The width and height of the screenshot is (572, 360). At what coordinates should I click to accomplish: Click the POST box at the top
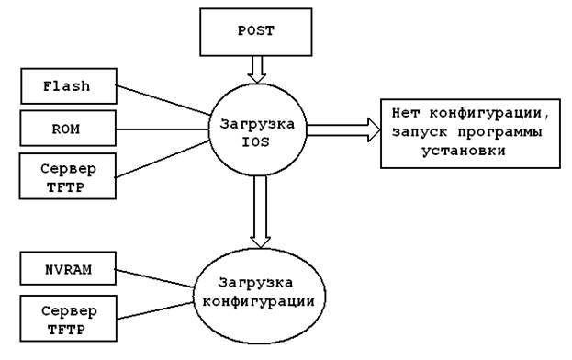pyautogui.click(x=256, y=32)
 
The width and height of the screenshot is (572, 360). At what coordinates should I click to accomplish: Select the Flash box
pyautogui.click(x=69, y=86)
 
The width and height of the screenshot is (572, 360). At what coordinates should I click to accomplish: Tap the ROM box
pyautogui.click(x=68, y=129)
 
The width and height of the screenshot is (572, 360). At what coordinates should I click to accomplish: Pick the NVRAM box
pyautogui.click(x=68, y=268)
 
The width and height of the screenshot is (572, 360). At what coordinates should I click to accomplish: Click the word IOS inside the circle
pyautogui.click(x=256, y=141)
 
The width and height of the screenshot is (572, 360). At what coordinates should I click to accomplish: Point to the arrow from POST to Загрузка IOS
pyautogui.click(x=256, y=70)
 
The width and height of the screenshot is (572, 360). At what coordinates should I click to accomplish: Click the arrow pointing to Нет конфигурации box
pyautogui.click(x=343, y=129)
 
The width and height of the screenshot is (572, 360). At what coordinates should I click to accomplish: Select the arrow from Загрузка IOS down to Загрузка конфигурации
pyautogui.click(x=260, y=212)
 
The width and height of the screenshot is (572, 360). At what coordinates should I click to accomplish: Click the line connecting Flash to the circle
pyautogui.click(x=163, y=99)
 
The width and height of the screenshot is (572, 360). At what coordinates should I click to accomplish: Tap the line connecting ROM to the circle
pyautogui.click(x=162, y=129)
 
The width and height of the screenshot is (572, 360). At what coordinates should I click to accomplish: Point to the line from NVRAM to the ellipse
pyautogui.click(x=154, y=278)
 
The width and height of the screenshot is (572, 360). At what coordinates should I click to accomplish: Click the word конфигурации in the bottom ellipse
pyautogui.click(x=258, y=301)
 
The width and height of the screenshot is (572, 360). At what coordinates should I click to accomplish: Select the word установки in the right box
pyautogui.click(x=464, y=151)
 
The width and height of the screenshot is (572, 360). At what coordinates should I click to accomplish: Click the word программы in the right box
pyautogui.click(x=499, y=131)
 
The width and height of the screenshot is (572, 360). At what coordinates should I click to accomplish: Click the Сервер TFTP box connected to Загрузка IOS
pyautogui.click(x=68, y=175)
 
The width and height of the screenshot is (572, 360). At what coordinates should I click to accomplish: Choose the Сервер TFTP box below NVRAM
pyautogui.click(x=68, y=319)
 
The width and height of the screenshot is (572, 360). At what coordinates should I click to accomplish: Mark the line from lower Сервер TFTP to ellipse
pyautogui.click(x=155, y=310)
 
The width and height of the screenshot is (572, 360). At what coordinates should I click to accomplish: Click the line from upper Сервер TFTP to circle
pyautogui.click(x=162, y=159)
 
